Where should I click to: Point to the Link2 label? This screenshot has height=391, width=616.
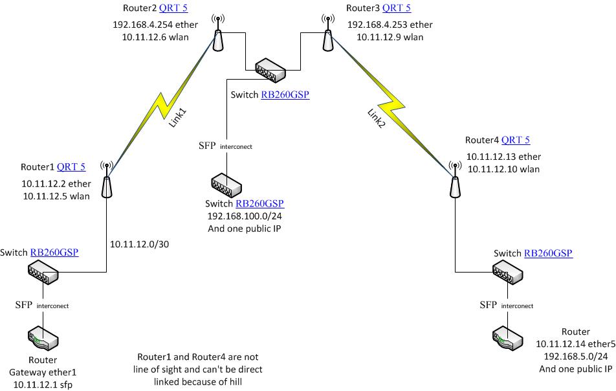click(376, 119)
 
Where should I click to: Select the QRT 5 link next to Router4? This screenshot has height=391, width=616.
click(516, 140)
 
